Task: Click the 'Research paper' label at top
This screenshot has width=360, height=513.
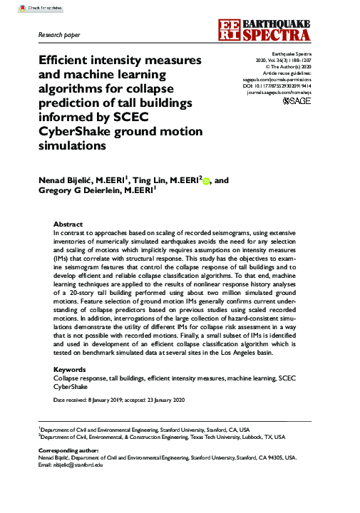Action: [58, 33]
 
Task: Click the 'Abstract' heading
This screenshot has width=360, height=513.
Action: [68, 224]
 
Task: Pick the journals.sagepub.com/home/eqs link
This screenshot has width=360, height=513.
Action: [279, 93]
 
